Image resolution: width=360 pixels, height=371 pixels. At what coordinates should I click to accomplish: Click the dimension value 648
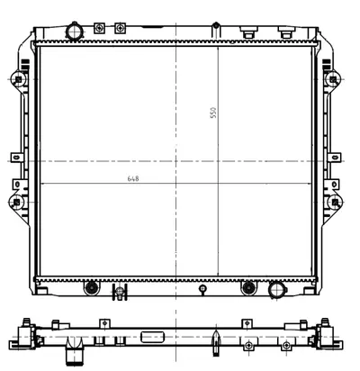pos(133,178)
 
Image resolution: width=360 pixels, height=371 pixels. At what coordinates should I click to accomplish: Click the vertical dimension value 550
pos(213,113)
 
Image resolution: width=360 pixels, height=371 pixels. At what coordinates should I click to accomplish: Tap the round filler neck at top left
pos(75,31)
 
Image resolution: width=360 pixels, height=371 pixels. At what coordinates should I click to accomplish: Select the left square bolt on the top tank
pos(99,28)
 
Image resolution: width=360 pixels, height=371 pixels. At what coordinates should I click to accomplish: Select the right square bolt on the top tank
pos(120,28)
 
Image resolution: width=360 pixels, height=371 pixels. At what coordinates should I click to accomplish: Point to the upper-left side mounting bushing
pos(18,79)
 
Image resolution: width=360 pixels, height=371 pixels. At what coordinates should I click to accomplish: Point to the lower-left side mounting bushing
pos(17,202)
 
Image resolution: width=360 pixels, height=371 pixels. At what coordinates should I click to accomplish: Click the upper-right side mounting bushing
pos(333,79)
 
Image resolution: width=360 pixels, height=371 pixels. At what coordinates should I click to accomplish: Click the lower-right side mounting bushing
pos(335,202)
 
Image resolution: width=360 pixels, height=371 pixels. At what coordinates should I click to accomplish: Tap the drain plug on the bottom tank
pos(120,292)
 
